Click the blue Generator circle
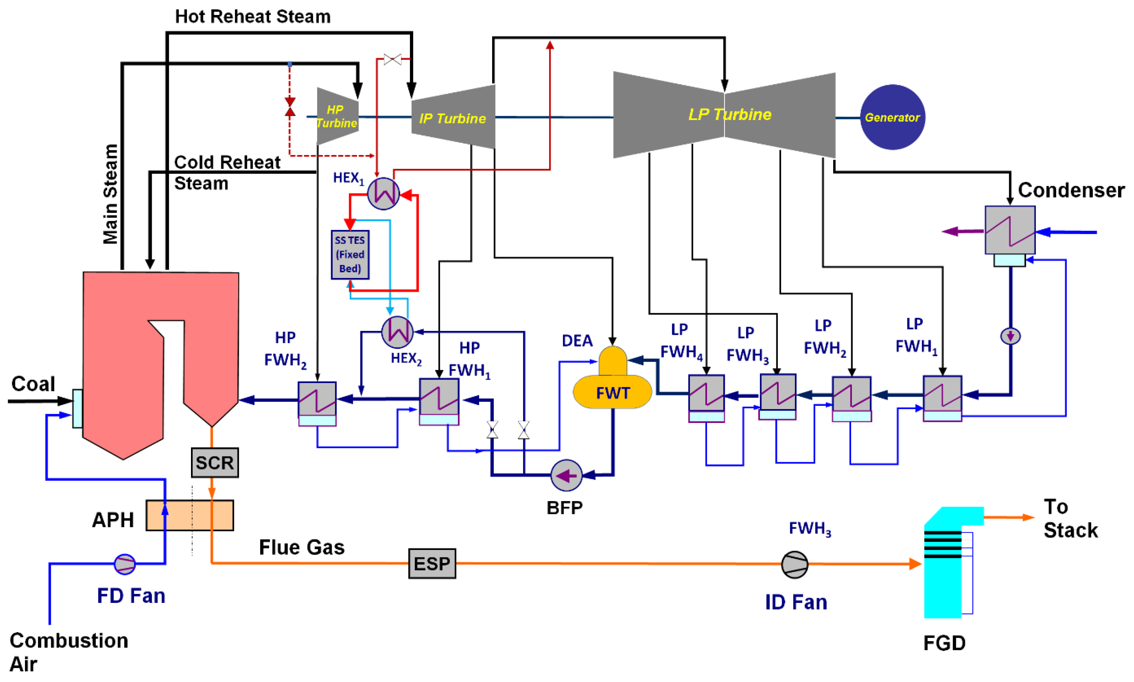coord(892,117)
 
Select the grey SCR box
coord(215,462)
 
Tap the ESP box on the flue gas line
coord(432,563)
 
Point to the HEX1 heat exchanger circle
coord(383,194)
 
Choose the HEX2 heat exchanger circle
coord(397,332)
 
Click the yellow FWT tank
coord(612,391)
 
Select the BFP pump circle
coord(566,475)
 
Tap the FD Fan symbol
coord(125,564)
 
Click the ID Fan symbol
coord(794,564)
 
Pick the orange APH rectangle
coord(189,515)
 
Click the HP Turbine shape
coord(337,116)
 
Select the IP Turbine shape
coord(453,117)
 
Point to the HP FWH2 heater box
coord(317,399)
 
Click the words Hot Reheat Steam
coord(253,17)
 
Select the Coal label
coord(33,384)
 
